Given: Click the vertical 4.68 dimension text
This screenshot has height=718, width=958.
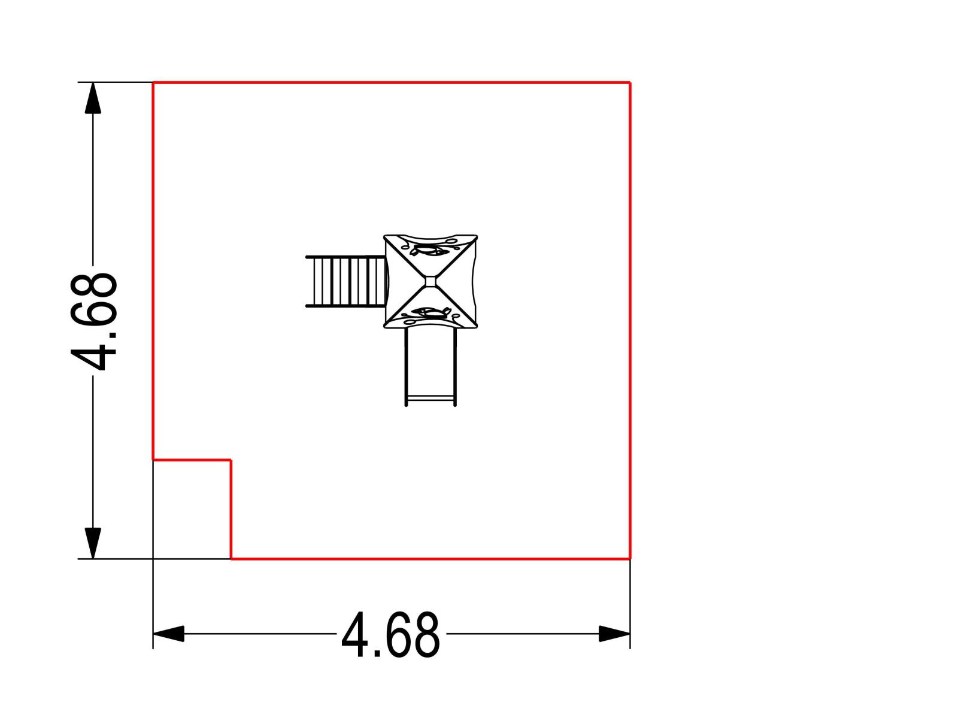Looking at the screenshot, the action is [x=93, y=322].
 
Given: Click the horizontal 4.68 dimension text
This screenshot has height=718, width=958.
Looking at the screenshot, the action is [x=391, y=635].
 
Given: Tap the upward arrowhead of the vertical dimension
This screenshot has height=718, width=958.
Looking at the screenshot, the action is [x=93, y=98].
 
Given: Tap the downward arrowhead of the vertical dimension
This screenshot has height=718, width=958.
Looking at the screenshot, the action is [x=93, y=543].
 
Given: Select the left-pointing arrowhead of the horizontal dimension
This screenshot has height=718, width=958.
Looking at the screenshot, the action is [x=168, y=634].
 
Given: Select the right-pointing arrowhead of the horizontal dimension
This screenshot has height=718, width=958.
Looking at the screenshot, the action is [x=614, y=634].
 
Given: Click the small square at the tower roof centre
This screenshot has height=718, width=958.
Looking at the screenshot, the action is [x=431, y=282].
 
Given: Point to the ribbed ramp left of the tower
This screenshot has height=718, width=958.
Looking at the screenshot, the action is [x=345, y=282].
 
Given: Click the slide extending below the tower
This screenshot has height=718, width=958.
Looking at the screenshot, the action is [x=431, y=367].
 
